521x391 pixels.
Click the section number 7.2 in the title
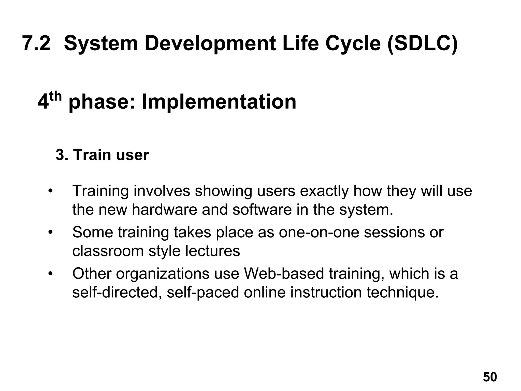(x=36, y=43)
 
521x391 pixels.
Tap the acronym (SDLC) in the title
(x=423, y=44)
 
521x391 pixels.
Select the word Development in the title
(x=210, y=44)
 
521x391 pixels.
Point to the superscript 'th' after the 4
(x=55, y=96)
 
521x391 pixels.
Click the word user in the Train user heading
(x=132, y=155)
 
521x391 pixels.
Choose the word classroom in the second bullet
(x=108, y=251)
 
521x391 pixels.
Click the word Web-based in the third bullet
(x=284, y=274)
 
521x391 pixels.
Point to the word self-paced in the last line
(x=203, y=293)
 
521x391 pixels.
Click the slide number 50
(x=490, y=377)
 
